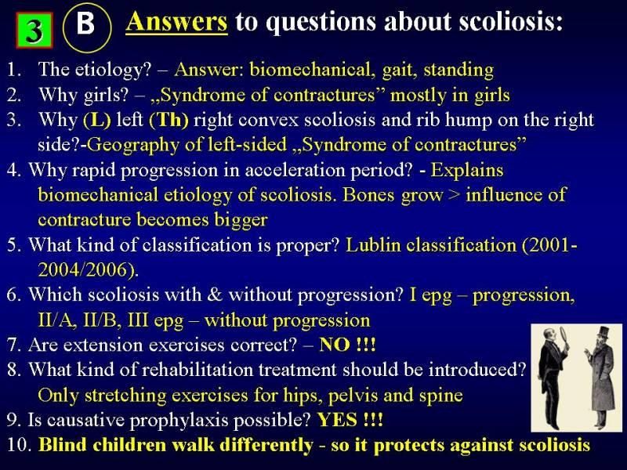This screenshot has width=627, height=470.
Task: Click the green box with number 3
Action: click(x=34, y=31)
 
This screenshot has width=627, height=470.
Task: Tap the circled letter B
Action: click(x=86, y=28)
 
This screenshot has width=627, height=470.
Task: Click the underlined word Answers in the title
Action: click(x=176, y=22)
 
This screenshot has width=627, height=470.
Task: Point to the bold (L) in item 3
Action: click(x=96, y=120)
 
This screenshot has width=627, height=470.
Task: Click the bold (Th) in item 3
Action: click(x=169, y=120)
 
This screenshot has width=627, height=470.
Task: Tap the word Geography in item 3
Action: click(x=132, y=146)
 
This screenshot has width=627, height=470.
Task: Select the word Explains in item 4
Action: click(x=466, y=170)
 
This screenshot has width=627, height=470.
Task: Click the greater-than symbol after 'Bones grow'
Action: click(x=455, y=195)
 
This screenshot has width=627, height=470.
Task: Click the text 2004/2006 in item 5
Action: click(x=85, y=269)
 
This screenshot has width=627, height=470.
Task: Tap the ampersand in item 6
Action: click(x=215, y=295)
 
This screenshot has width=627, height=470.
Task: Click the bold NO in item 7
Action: click(x=335, y=345)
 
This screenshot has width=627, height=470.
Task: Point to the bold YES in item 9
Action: click(x=337, y=420)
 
